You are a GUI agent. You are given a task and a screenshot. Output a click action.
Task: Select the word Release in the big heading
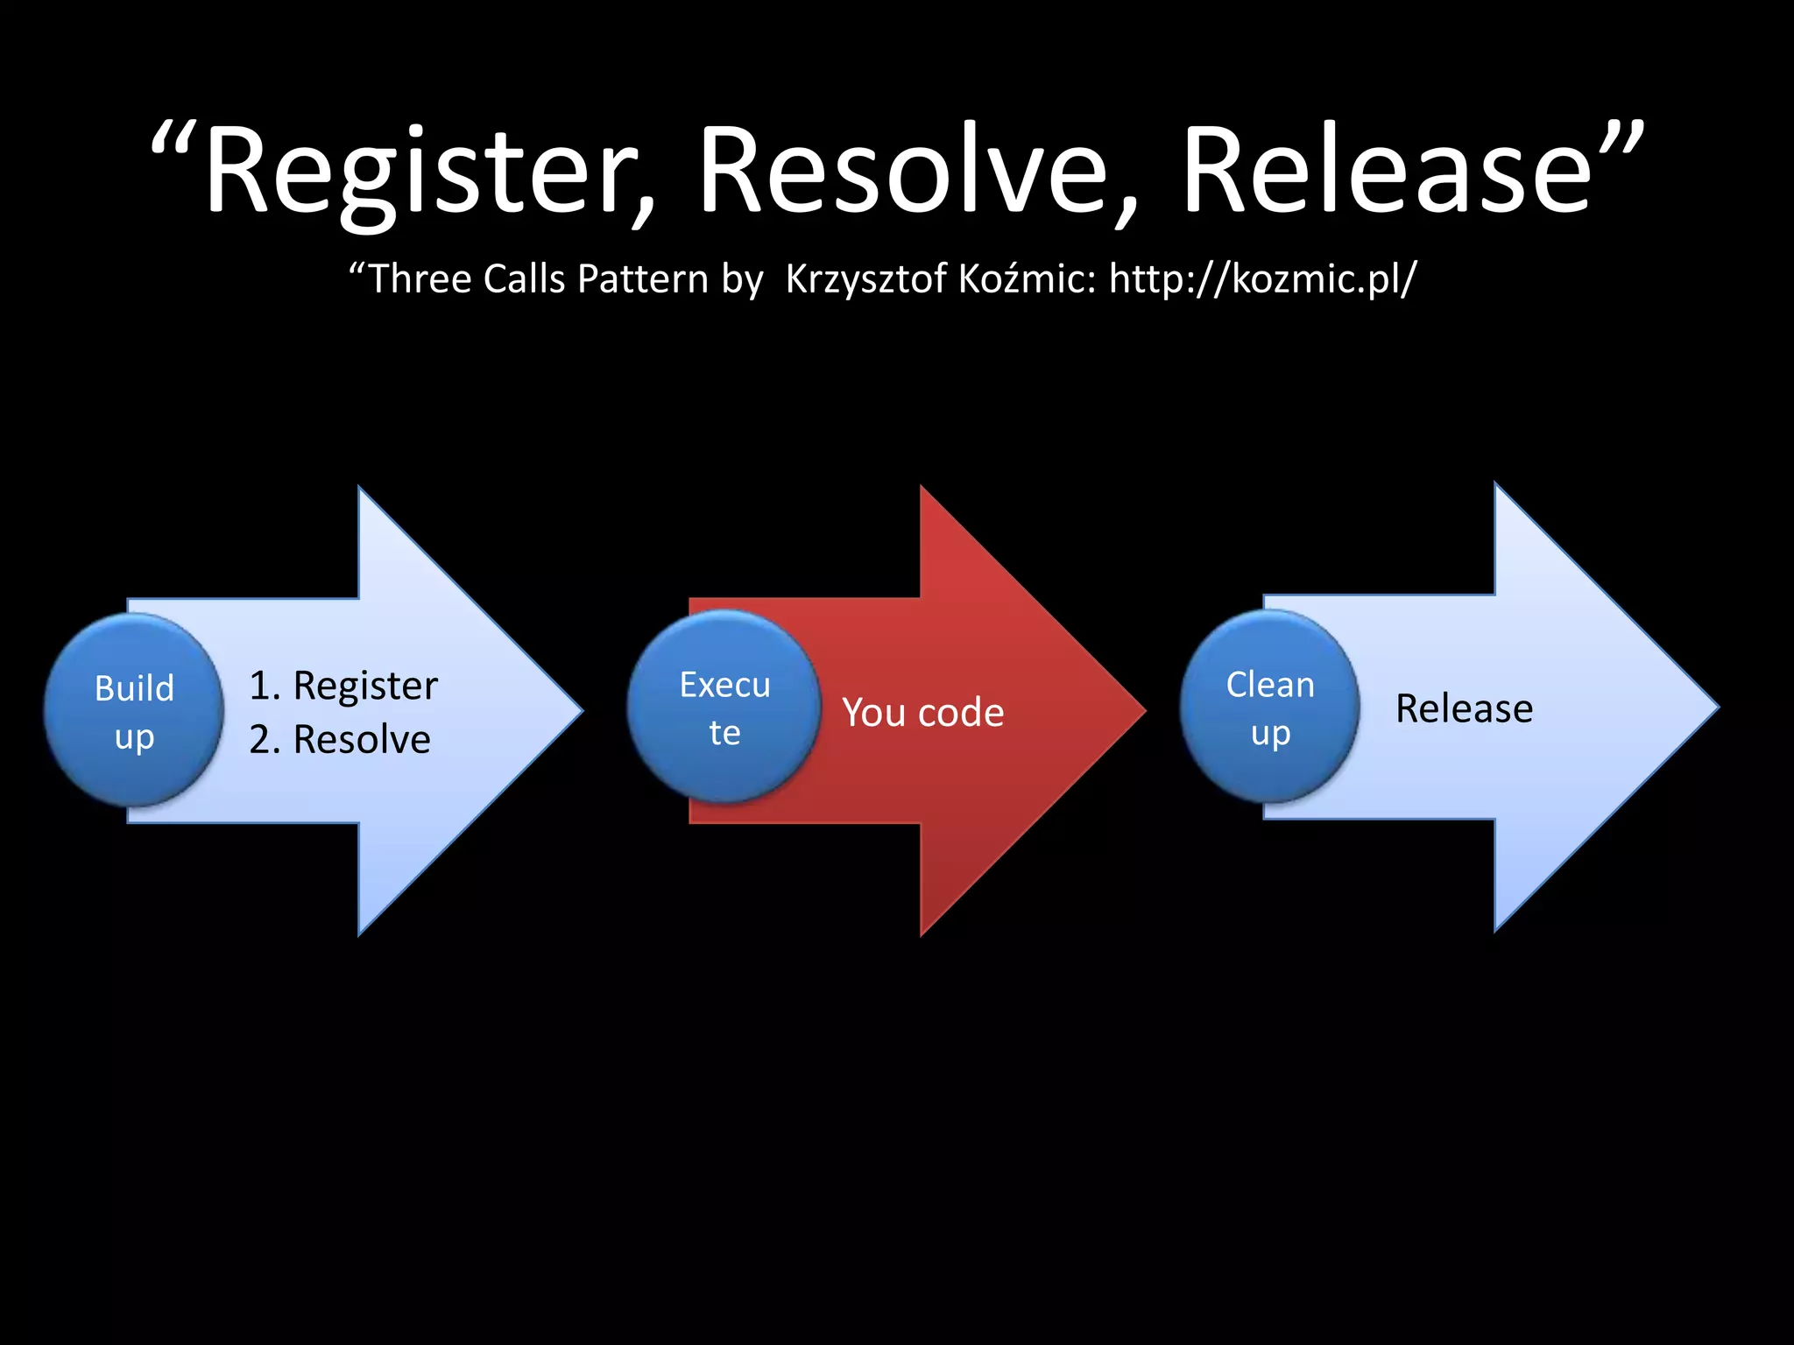pyautogui.click(x=1384, y=171)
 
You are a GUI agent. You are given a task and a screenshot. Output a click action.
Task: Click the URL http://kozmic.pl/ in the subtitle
pyautogui.click(x=1262, y=279)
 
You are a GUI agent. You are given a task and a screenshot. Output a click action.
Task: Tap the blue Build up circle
pyautogui.click(x=134, y=710)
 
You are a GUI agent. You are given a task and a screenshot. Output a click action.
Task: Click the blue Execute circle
pyautogui.click(x=724, y=707)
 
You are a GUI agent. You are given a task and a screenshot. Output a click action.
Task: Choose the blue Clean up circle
pyautogui.click(x=1269, y=707)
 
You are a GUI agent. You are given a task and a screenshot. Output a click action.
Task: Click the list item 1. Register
pyautogui.click(x=343, y=686)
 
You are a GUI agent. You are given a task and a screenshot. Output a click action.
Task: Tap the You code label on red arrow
pyautogui.click(x=922, y=713)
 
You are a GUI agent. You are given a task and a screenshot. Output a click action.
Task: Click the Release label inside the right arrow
pyautogui.click(x=1464, y=708)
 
